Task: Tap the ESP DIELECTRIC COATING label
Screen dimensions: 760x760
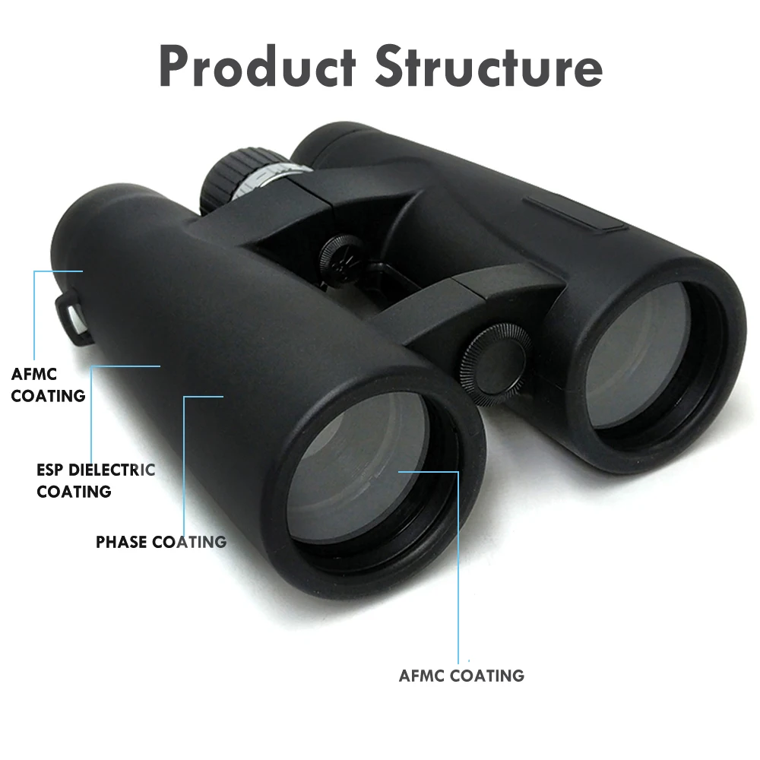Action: tap(95, 480)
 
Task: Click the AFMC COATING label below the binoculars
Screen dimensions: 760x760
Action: tap(461, 675)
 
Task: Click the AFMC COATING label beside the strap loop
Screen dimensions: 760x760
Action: tap(48, 385)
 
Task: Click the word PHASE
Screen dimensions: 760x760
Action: tap(122, 542)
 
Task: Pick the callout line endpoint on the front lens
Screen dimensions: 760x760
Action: tap(400, 471)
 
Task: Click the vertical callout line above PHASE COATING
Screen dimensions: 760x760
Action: tap(185, 464)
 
